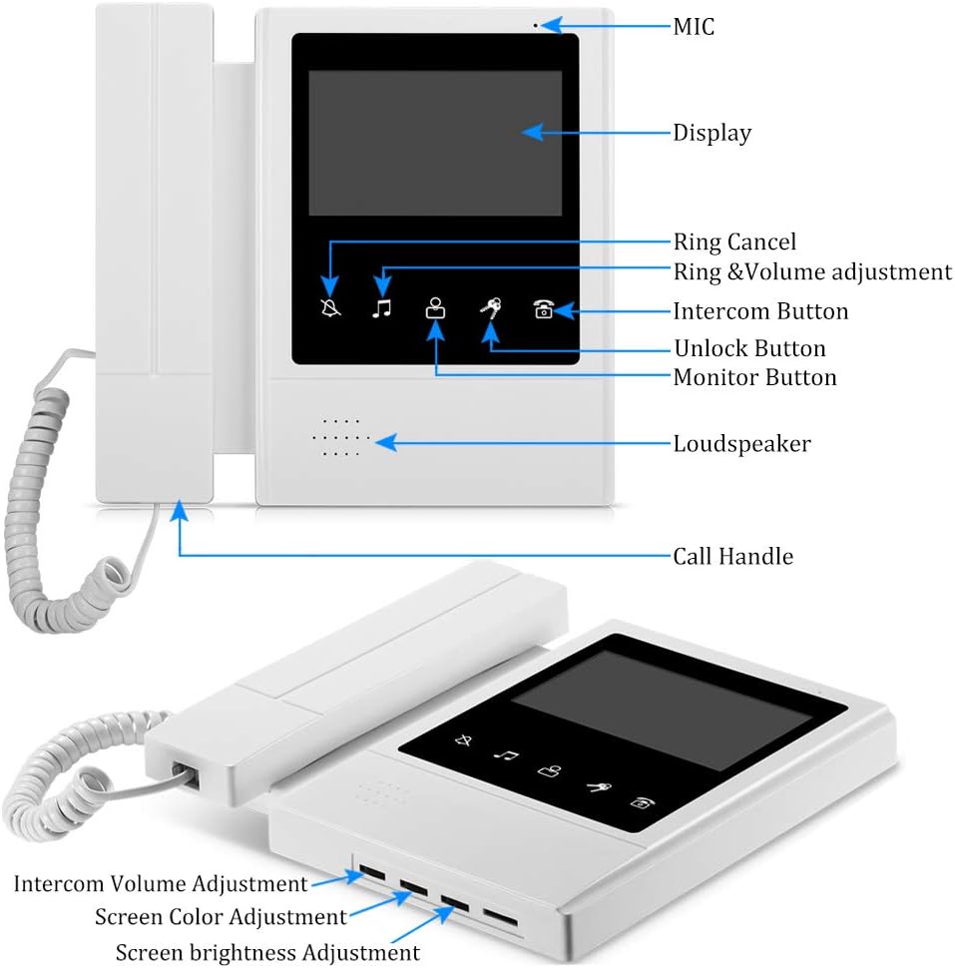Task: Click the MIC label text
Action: click(x=694, y=26)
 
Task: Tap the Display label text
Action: click(x=712, y=133)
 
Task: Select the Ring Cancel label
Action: click(x=734, y=242)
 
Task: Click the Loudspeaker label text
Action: click(x=741, y=443)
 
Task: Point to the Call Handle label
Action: click(x=732, y=556)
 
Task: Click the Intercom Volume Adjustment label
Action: click(x=161, y=883)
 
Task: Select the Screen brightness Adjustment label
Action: click(x=267, y=952)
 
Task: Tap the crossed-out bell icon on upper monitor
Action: click(x=330, y=308)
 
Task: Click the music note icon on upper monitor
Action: click(x=381, y=308)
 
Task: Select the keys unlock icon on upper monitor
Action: click(x=490, y=309)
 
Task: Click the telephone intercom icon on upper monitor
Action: click(x=543, y=309)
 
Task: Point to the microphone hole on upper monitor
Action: click(x=535, y=25)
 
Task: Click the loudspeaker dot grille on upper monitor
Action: click(x=341, y=437)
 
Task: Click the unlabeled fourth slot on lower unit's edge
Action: click(x=501, y=917)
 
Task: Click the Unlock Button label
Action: click(x=748, y=348)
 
